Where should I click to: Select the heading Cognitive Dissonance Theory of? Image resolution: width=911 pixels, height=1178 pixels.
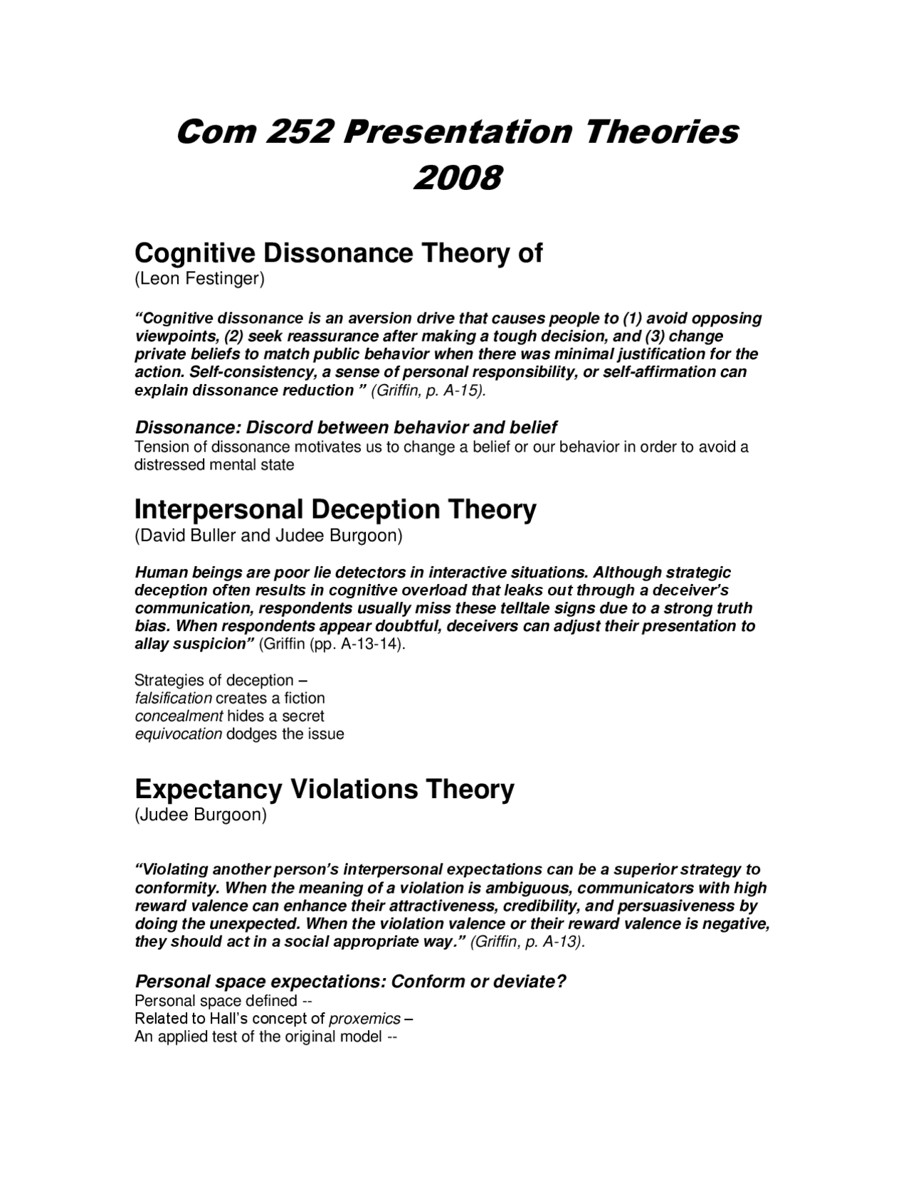338,253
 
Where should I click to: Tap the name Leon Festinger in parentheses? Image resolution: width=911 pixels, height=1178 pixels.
200,280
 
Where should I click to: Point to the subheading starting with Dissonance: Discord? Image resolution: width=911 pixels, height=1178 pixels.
346,428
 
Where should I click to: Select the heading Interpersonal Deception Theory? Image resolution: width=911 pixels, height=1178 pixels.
335,509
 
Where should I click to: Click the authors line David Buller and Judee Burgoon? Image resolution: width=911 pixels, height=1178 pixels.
268,536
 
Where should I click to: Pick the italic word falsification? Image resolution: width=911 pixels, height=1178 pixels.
174,699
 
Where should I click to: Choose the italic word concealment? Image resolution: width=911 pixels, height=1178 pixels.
179,716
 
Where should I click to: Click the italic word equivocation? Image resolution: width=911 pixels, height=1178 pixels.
179,734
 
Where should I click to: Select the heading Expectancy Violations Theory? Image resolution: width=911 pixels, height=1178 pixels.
324,789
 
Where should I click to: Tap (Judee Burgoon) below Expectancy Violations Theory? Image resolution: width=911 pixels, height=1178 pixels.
201,815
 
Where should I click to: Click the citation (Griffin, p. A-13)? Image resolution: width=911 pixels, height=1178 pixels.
528,942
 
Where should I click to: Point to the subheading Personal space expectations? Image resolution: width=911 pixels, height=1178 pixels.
350,982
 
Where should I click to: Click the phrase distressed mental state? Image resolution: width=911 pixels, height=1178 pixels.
214,465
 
